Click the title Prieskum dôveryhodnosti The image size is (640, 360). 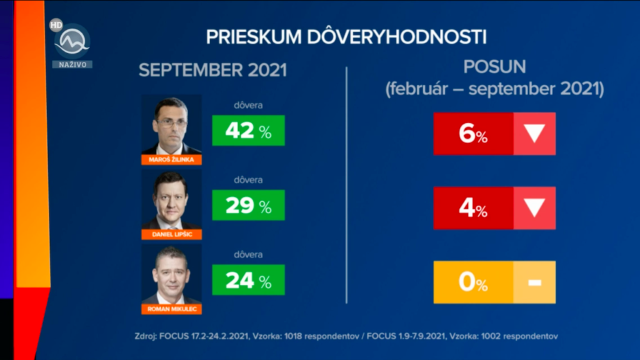pos(346,36)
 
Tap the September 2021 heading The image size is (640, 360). pos(212,69)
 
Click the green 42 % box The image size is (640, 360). pos(248,130)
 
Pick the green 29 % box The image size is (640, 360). pos(248,205)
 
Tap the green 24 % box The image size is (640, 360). pos(248,280)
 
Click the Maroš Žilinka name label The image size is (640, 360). pos(171,159)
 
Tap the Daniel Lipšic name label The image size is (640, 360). pos(171,234)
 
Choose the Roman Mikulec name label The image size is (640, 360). pos(171,309)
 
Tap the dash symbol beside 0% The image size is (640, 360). pos(534,282)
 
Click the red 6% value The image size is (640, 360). pos(473,134)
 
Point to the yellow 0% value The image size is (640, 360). pos(473,282)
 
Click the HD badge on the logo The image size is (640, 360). pos(56,26)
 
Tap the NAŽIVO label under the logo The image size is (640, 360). pos(72,64)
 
